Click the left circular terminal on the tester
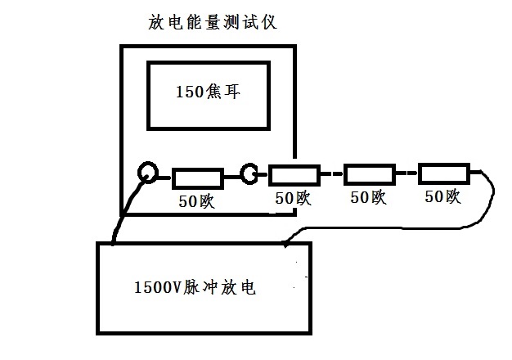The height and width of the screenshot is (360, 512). click(x=148, y=173)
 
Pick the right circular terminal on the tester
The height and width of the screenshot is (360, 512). click(x=249, y=173)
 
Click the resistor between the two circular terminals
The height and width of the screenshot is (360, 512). click(x=197, y=178)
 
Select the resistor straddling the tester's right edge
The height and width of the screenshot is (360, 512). click(x=294, y=174)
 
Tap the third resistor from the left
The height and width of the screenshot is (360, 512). click(x=369, y=173)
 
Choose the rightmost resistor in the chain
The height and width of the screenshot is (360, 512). click(x=443, y=173)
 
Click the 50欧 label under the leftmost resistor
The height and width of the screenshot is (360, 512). click(x=196, y=201)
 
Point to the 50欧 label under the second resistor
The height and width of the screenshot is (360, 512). click(x=293, y=197)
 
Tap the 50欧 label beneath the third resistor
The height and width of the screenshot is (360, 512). click(x=368, y=196)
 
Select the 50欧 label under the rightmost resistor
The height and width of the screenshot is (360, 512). click(x=442, y=196)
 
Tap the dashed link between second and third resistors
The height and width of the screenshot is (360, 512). click(x=332, y=173)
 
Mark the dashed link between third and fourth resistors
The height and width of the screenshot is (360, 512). click(x=406, y=173)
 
